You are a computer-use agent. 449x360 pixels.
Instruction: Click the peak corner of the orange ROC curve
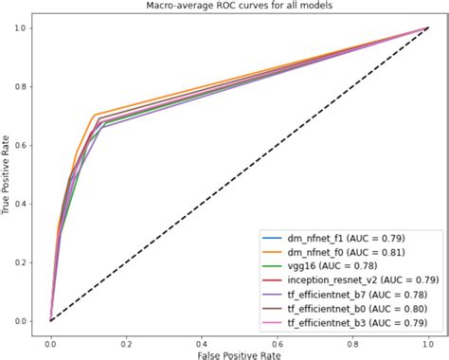tap(95, 115)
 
